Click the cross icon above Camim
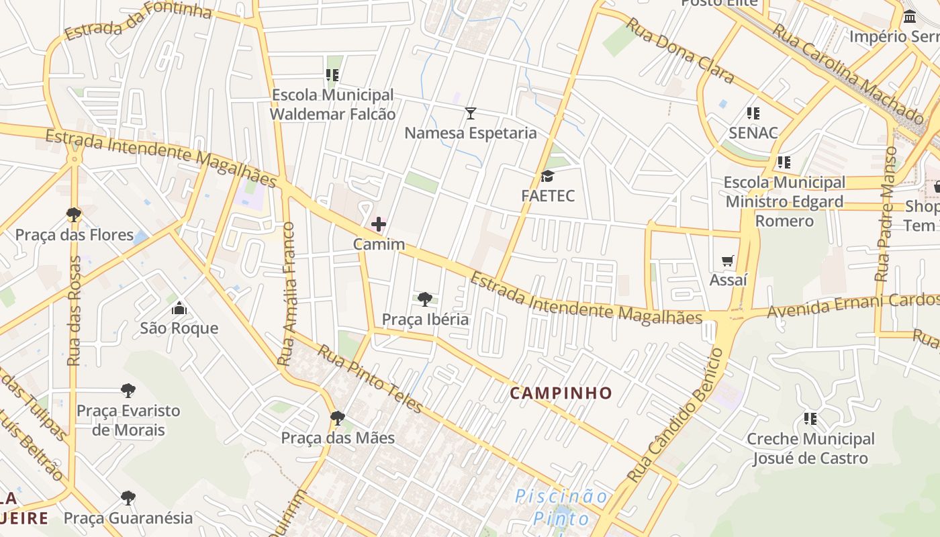pos(379,224)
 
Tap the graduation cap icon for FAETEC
pos(548,177)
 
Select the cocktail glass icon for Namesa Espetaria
pos(471,113)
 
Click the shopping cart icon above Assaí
pos(728,260)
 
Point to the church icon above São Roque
pos(179,309)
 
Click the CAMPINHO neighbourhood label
pos(561,393)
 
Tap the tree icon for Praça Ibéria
pos(424,299)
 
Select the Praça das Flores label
pos(75,235)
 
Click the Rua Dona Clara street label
pos(679,50)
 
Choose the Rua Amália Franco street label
pos(288,295)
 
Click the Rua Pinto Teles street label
pos(370,379)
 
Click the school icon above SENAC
pos(753,113)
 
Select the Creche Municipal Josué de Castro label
pos(810,448)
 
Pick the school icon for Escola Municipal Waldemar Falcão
pos(332,75)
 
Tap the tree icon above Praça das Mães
pos(338,418)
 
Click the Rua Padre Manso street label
pos(885,215)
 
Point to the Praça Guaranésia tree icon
pos(128,498)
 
